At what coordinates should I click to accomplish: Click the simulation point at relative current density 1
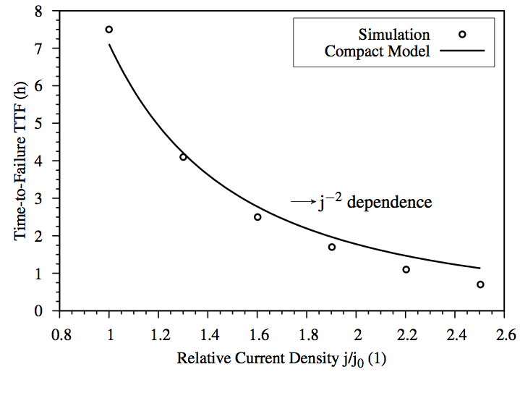109,30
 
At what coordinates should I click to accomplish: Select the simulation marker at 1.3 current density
183,157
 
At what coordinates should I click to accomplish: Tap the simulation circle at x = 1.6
257,217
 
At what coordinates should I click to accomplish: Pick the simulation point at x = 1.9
332,247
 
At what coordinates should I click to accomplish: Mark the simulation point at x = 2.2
406,269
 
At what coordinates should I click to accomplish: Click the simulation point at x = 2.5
480,284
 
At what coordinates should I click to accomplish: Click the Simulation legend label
394,35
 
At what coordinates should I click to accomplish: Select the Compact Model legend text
378,51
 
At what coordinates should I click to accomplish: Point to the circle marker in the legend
461,34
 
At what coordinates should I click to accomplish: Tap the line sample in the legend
461,51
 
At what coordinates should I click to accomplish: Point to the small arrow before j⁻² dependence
301,203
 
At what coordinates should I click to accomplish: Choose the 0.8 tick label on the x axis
60,335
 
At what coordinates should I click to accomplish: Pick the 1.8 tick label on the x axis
307,335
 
